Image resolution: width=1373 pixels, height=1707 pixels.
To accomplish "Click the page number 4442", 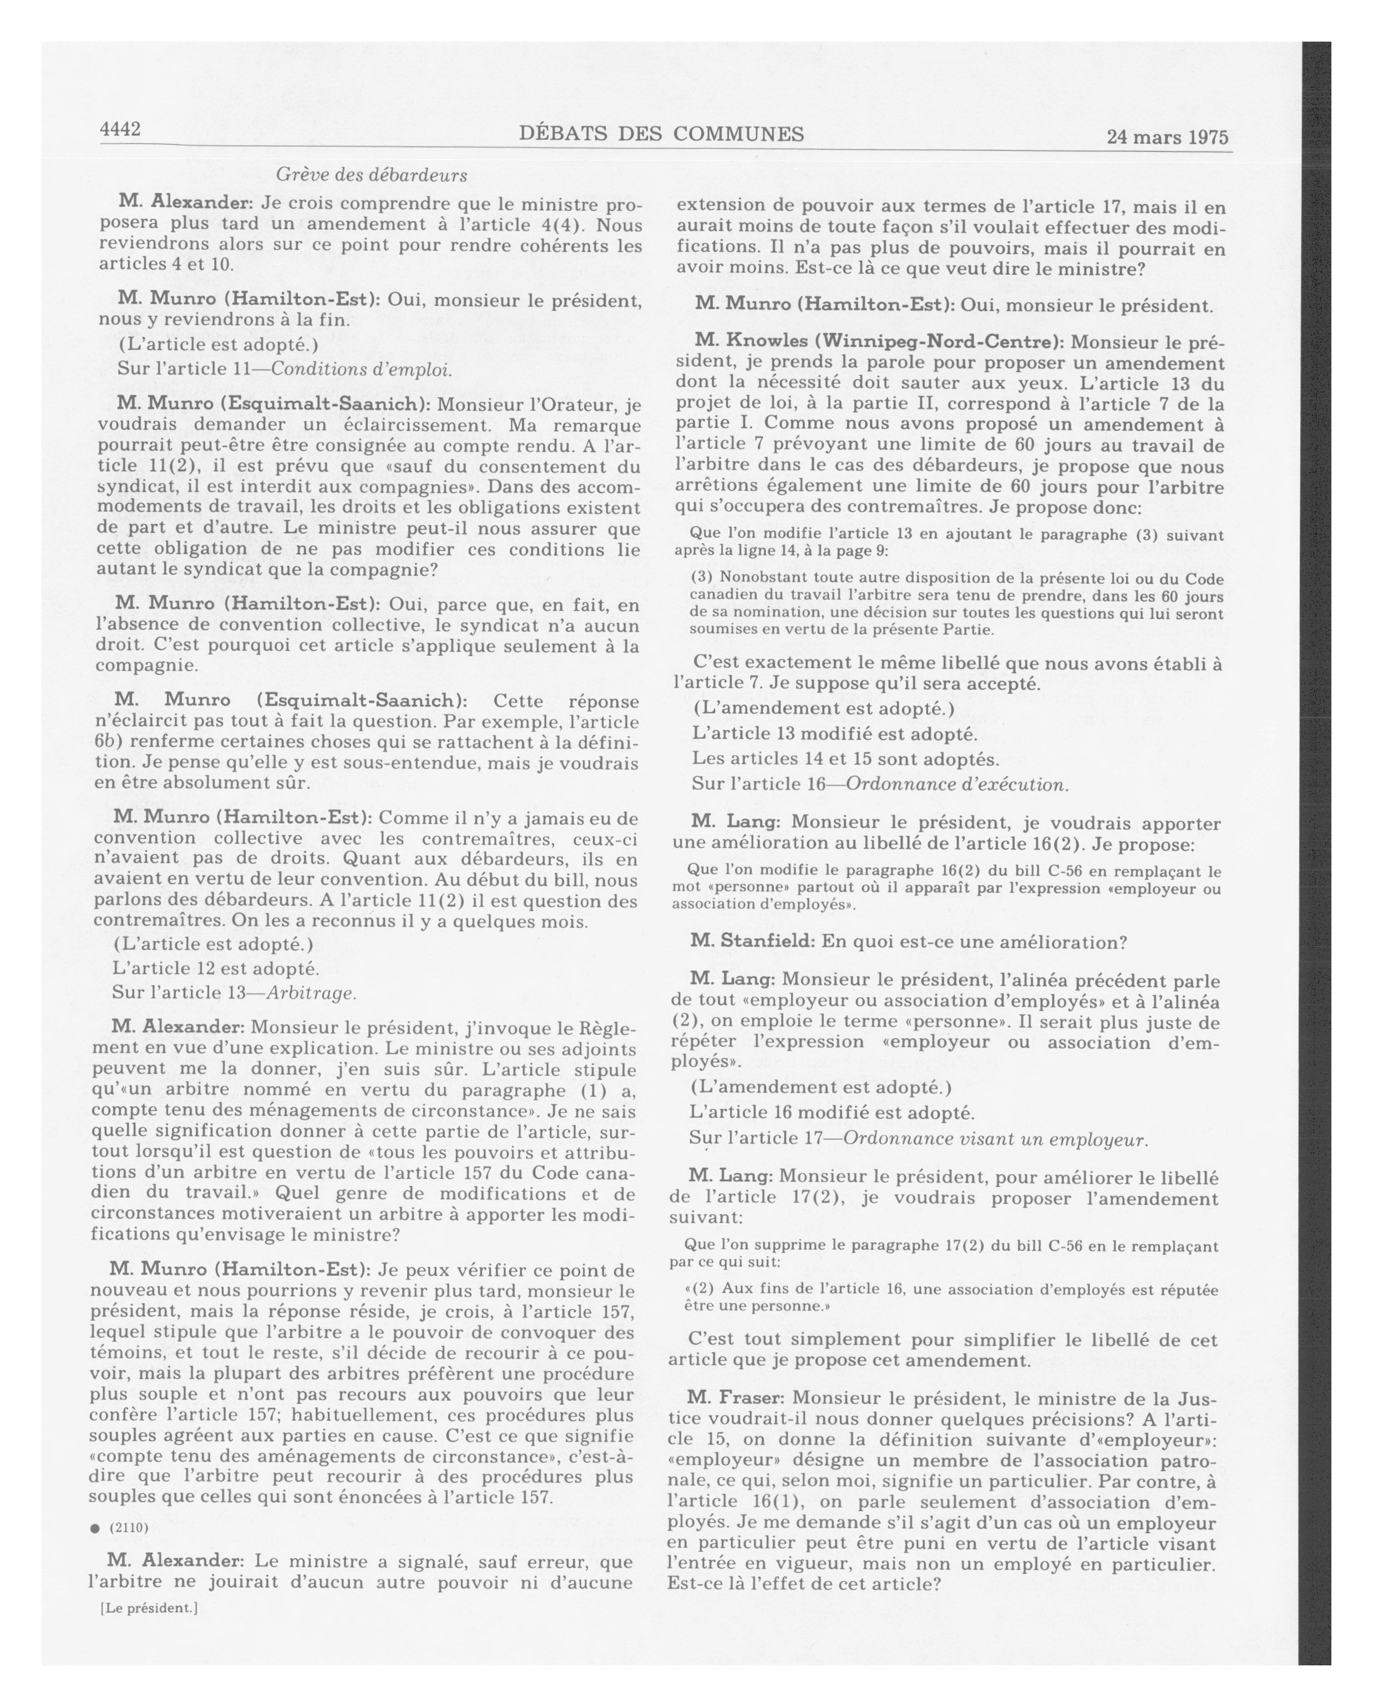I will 120,129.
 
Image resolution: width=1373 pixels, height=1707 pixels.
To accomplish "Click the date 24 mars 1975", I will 1167,137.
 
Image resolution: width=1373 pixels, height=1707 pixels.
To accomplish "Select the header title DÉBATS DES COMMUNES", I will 662,134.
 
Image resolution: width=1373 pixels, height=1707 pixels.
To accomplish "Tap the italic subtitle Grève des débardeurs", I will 371,174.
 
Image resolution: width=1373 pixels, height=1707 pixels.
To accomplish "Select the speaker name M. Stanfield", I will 752,941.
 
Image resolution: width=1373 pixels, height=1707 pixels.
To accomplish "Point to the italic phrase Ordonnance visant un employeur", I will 995,1139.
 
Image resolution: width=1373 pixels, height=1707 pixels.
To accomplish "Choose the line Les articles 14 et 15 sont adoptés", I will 845,759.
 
